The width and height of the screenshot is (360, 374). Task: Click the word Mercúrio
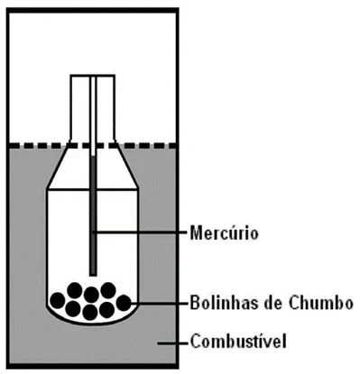point(224,233)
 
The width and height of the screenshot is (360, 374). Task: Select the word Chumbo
point(321,303)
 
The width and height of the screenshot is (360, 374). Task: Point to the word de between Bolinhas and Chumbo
point(274,303)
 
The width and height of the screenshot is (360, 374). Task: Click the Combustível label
point(238,341)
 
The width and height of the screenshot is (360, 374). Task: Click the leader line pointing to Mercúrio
point(140,233)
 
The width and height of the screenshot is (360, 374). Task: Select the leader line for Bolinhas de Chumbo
point(158,303)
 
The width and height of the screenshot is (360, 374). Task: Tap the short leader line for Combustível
point(172,343)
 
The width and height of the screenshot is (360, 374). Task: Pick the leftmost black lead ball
point(58,300)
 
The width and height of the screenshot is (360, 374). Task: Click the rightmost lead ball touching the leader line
point(124,303)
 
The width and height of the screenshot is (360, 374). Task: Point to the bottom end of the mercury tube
point(93,275)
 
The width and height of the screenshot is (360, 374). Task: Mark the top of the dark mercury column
point(93,156)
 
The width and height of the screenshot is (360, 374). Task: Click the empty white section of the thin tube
point(93,115)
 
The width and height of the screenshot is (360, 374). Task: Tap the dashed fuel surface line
point(92,145)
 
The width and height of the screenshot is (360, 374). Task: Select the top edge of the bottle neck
point(92,75)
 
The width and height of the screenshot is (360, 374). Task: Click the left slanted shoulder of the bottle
point(58,165)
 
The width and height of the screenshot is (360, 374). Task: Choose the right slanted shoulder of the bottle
point(126,165)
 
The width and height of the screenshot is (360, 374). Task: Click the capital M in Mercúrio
point(196,233)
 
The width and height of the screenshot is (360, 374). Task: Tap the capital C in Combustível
point(196,341)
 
